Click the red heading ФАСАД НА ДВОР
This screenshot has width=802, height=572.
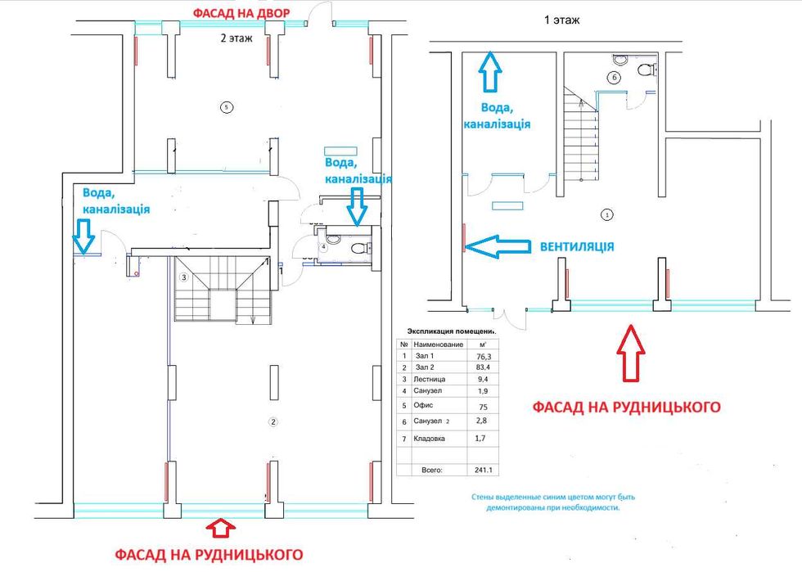pyautogui.click(x=241, y=14)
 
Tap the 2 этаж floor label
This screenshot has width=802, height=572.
pyautogui.click(x=237, y=38)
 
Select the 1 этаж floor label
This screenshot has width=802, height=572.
pyautogui.click(x=561, y=20)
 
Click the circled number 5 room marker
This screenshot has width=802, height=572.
pyautogui.click(x=227, y=107)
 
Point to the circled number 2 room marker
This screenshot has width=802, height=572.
pyautogui.click(x=273, y=422)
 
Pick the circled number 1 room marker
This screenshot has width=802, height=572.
pyautogui.click(x=607, y=215)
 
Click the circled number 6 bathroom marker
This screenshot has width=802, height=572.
pyautogui.click(x=614, y=78)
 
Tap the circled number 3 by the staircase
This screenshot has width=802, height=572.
pyautogui.click(x=184, y=277)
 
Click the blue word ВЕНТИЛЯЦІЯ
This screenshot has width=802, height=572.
pyautogui.click(x=577, y=246)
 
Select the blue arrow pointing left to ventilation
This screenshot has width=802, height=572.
pyautogui.click(x=498, y=246)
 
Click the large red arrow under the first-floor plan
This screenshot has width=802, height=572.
pyautogui.click(x=630, y=353)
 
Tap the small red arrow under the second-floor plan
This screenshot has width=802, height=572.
pyautogui.click(x=220, y=528)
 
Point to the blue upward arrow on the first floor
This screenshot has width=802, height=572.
pyautogui.click(x=490, y=71)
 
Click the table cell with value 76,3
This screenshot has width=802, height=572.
pyautogui.click(x=483, y=356)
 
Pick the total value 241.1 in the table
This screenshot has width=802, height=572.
pyautogui.click(x=484, y=469)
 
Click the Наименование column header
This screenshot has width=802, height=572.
pyautogui.click(x=439, y=345)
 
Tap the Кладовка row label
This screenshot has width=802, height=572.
pyautogui.click(x=429, y=439)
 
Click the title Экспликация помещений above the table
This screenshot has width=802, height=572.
pyautogui.click(x=451, y=331)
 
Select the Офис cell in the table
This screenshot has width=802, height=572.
pyautogui.click(x=424, y=405)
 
